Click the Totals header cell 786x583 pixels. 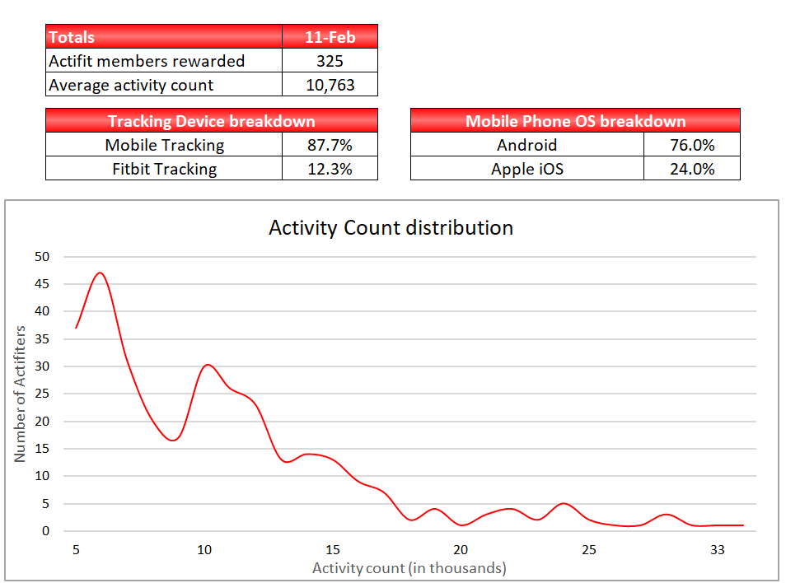click(164, 36)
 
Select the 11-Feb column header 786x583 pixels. click(330, 36)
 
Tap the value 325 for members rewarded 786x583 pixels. click(330, 61)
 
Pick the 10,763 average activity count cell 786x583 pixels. click(330, 85)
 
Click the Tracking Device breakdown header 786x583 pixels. click(212, 121)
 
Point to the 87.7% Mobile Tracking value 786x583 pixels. click(330, 145)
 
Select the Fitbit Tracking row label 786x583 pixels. click(164, 169)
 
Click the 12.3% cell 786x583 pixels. click(330, 169)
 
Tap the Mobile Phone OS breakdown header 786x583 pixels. click(575, 121)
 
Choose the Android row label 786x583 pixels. click(526, 145)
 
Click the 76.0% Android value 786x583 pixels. click(692, 145)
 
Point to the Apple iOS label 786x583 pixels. click(526, 169)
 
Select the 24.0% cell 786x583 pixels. click(692, 169)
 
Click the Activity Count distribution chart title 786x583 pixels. click(391, 228)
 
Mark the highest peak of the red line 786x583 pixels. click(101, 273)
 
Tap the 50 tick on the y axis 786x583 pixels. click(42, 257)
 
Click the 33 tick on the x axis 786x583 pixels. click(718, 549)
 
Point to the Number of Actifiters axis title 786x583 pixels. click(20, 394)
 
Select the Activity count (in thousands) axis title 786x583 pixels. click(409, 568)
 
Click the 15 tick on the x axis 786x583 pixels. click(332, 549)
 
